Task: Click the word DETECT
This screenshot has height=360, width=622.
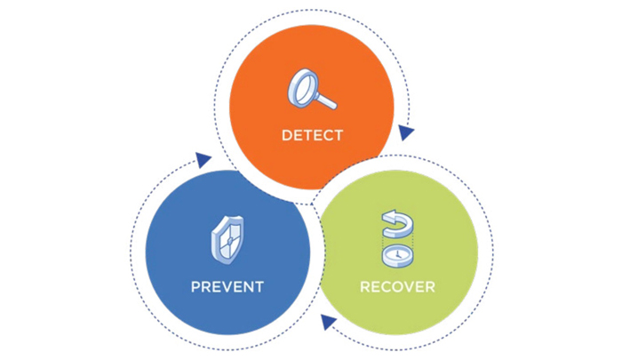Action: click(x=312, y=135)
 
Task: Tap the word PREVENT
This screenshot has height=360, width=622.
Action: click(x=227, y=286)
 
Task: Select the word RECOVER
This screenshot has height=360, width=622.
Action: click(x=397, y=286)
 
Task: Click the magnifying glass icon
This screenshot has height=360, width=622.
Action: click(x=312, y=89)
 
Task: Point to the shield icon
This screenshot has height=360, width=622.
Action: click(x=227, y=240)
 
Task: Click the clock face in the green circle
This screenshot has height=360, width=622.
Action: click(x=397, y=254)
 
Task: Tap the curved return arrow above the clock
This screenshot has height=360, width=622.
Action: click(x=397, y=224)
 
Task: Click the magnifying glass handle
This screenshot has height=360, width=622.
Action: click(x=326, y=100)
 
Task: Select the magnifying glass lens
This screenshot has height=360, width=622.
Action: click(x=303, y=88)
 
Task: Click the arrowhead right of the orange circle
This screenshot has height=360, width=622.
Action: click(x=405, y=132)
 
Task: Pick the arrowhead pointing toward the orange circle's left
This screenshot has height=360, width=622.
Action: click(x=203, y=160)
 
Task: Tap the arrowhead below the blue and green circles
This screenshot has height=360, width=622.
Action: click(x=328, y=321)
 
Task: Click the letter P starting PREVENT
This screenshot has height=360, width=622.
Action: click(x=195, y=286)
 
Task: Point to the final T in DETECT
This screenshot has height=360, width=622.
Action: click(x=338, y=135)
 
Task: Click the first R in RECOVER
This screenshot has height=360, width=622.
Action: click(x=365, y=286)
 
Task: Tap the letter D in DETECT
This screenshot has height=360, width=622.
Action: click(x=286, y=135)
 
